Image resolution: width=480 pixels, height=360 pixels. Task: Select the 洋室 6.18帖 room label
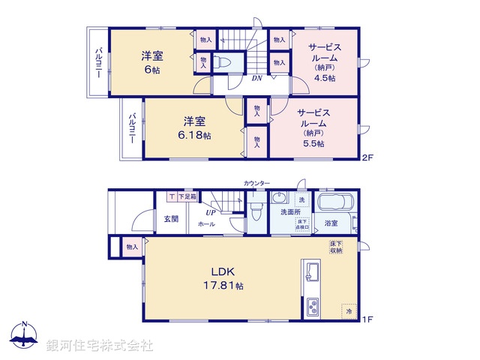196,127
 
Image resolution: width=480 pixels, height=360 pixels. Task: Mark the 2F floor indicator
367,157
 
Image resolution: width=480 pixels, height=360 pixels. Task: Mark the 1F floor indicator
367,319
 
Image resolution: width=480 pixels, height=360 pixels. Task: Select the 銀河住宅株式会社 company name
100,346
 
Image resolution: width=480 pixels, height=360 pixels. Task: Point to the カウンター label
256,184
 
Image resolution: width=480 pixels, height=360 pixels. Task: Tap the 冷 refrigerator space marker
349,309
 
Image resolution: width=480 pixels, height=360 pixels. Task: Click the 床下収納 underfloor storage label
337,247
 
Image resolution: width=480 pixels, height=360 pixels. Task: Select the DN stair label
256,78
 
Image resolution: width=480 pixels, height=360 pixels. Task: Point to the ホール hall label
205,224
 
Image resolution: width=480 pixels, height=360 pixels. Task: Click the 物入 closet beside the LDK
132,247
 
